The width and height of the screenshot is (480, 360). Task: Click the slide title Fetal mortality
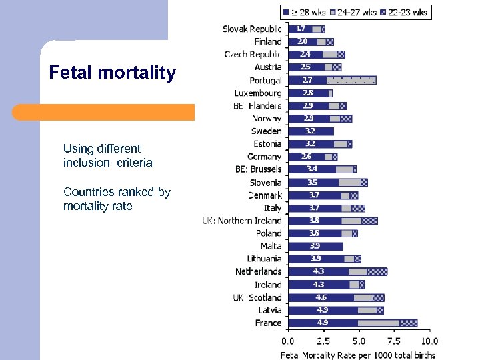click(x=112, y=73)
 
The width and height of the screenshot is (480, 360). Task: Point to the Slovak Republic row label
click(x=251, y=29)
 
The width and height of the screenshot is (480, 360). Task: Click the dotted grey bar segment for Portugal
click(x=351, y=80)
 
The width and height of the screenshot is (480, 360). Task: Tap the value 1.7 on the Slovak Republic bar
click(x=301, y=29)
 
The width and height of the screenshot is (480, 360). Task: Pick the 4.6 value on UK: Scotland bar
click(x=321, y=297)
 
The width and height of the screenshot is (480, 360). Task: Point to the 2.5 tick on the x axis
click(x=323, y=341)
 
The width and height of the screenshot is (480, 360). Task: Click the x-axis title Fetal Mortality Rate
click(x=359, y=354)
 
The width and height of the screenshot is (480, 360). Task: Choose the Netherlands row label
click(x=258, y=271)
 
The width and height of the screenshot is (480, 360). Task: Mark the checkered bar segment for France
click(x=409, y=323)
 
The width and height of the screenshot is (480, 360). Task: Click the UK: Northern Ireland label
click(x=242, y=221)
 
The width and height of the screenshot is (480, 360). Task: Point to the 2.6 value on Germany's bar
click(x=306, y=157)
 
